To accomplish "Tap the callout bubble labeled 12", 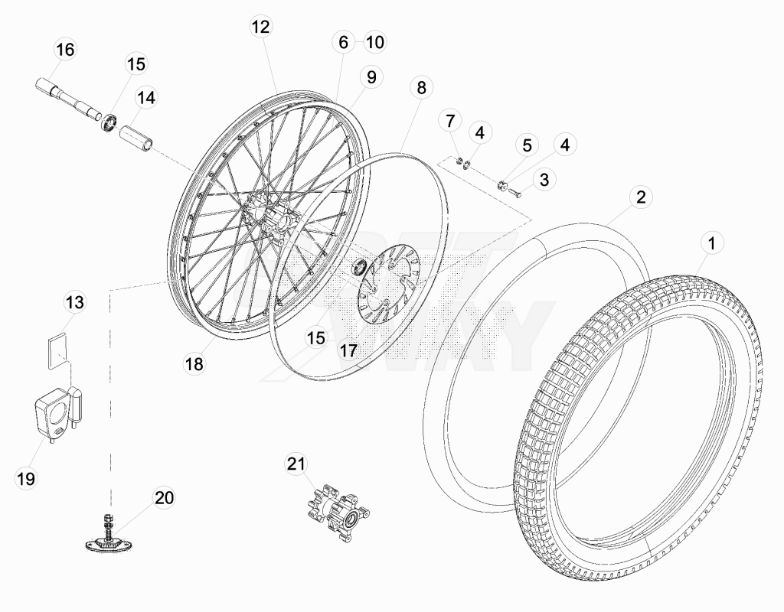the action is tap(260, 27).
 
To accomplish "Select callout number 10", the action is tap(374, 42).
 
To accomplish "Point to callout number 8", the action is tap(421, 87).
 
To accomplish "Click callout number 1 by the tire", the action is tap(712, 243).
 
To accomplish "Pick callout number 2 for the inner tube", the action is tap(641, 197).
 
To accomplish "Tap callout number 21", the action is tap(296, 464).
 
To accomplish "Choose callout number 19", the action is tap(26, 479).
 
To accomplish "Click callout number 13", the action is tap(75, 301).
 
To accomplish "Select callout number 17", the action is tap(348, 350).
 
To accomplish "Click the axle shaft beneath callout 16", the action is tap(67, 97).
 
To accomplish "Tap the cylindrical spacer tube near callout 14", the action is tap(136, 138).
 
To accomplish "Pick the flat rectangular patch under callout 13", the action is tap(57, 351).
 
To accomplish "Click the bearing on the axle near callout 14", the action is tap(109, 122).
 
